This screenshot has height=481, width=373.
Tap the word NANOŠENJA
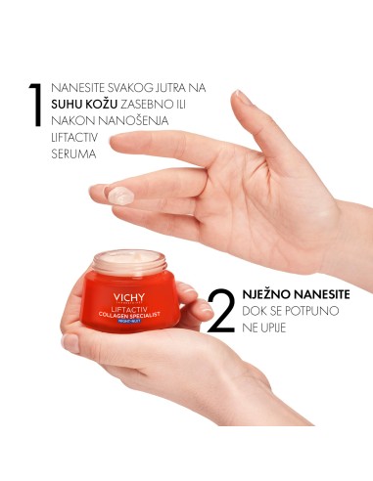[x=137, y=120]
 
